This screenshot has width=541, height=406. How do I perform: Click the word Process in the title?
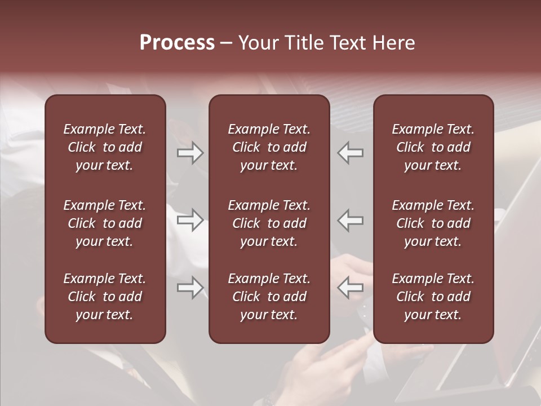177,43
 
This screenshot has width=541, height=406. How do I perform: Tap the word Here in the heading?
394,43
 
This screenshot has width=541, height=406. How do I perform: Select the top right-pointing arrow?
190,153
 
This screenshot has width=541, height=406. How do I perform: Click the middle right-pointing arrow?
190,220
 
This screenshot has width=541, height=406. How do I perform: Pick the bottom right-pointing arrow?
190,288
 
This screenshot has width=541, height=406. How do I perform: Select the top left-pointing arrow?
350,153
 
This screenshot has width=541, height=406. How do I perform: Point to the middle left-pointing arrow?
350,220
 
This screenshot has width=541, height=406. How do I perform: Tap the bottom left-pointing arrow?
350,288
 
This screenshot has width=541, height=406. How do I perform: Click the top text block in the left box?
105,147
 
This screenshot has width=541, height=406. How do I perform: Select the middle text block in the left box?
105,223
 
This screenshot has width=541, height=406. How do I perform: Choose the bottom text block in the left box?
105,297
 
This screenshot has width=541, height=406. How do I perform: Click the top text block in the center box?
269,147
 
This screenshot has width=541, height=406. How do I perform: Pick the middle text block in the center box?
269,223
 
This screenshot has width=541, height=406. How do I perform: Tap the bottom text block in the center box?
269,297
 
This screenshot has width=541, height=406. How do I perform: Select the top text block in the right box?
433,147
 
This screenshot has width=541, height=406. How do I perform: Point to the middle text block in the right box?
433,223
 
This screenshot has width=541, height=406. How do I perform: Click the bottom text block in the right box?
433,297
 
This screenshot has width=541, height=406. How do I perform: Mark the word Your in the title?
257,43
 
